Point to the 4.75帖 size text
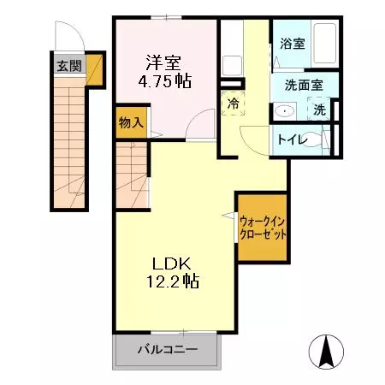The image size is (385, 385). (x=164, y=81)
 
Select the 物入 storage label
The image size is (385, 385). (x=131, y=121)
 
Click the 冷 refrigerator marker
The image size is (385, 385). (x=233, y=103)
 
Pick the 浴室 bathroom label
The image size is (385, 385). (x=293, y=44)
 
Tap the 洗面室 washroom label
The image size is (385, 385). (x=303, y=86)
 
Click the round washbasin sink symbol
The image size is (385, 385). (x=283, y=110)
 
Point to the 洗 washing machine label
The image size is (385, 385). (x=319, y=110)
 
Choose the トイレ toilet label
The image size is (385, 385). (x=290, y=140)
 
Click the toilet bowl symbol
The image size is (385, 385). (x=316, y=139)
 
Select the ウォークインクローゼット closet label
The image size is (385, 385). (x=263, y=228)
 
